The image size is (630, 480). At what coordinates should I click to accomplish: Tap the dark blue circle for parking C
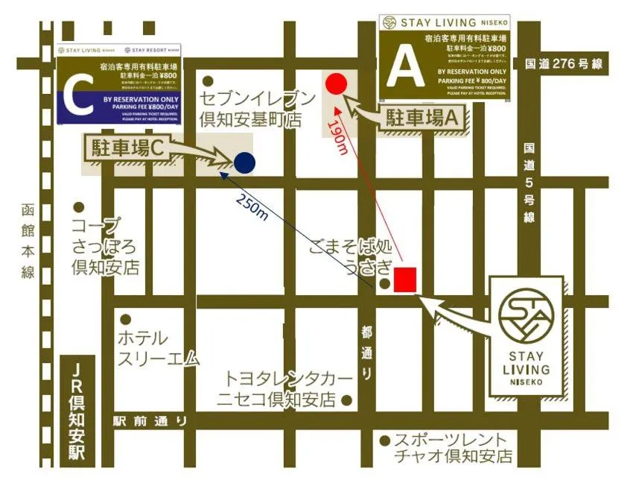(244, 162)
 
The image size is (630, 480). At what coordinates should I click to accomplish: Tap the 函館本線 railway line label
(28, 241)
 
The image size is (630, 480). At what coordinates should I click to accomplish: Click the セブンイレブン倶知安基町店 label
(249, 107)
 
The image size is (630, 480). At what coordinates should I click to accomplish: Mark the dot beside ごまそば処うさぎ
(384, 284)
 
